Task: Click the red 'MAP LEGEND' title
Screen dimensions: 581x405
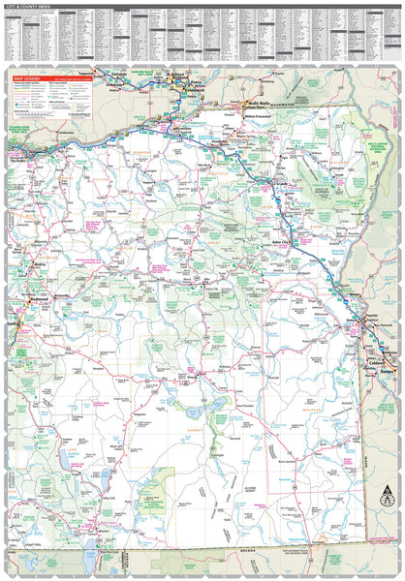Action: pos(26,76)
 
